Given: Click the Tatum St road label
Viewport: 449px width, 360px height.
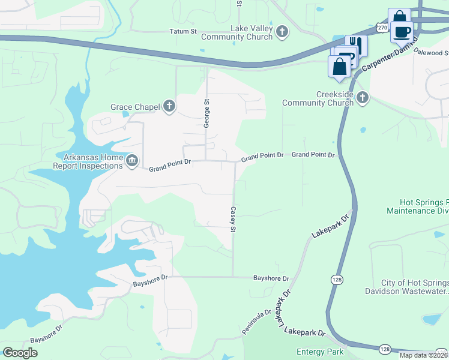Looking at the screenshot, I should pos(183,31).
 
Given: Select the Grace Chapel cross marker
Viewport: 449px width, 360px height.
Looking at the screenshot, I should pos(169,107).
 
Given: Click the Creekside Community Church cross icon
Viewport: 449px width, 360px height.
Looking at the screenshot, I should pos(361,98).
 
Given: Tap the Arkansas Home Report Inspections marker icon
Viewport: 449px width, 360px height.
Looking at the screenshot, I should pos(132,161).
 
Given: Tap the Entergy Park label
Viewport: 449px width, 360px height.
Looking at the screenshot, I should pos(320,352).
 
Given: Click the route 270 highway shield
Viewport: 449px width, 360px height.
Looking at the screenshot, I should pos(382,28).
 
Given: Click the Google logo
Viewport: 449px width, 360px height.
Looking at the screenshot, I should pos(20,353).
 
